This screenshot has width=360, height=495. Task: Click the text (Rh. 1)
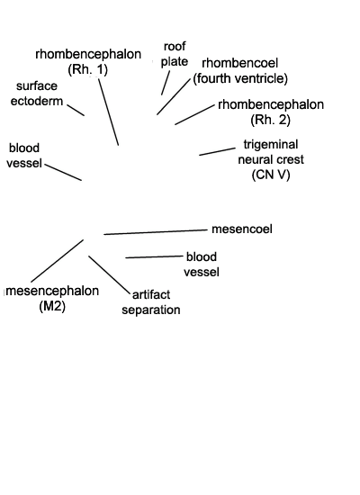pos(88,69)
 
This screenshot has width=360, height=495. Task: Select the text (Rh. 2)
pos(270,120)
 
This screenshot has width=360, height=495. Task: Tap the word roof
pos(175,47)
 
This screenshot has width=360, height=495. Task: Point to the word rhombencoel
pos(240,63)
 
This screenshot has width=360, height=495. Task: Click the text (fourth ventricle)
pos(240,78)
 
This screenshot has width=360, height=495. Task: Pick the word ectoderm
pos(37,102)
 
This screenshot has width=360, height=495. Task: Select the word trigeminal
pos(271,145)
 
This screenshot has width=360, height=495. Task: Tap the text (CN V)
pos(271,175)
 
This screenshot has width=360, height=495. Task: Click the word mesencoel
pos(242,229)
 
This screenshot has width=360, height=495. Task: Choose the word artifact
pos(151,295)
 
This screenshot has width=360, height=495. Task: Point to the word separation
pos(151,310)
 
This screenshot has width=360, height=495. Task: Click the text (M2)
pos(52,306)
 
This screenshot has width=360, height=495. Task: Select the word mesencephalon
pos(52,291)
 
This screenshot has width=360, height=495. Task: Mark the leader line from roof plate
pos(166,83)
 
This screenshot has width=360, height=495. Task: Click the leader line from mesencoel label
pos(156,232)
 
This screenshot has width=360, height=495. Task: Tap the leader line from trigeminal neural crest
pos(217,151)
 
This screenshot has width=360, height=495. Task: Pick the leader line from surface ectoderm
pos(76,110)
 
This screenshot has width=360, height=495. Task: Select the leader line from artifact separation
pos(109,274)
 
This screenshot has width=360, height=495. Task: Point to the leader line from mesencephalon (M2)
pos(58,261)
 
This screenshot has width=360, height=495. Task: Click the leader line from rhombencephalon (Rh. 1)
pos(108,112)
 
